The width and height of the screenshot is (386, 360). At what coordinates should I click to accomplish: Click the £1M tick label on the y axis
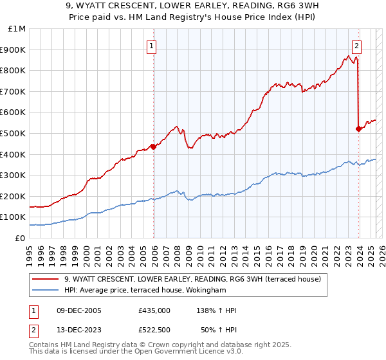click(17, 29)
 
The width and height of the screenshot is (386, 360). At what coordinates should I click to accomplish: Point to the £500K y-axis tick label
click(14, 133)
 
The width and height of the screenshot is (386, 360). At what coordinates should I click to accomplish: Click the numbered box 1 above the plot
click(151, 46)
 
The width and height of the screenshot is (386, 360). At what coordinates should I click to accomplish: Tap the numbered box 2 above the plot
click(356, 46)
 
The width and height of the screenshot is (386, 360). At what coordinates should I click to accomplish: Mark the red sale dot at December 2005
click(154, 147)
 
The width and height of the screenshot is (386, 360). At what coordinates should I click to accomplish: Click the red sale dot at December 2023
click(358, 129)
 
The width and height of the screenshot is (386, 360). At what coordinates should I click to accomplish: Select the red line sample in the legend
click(47, 278)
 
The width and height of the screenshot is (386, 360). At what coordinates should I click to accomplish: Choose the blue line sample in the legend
click(47, 291)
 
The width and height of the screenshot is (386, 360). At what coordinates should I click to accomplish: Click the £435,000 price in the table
click(154, 310)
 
